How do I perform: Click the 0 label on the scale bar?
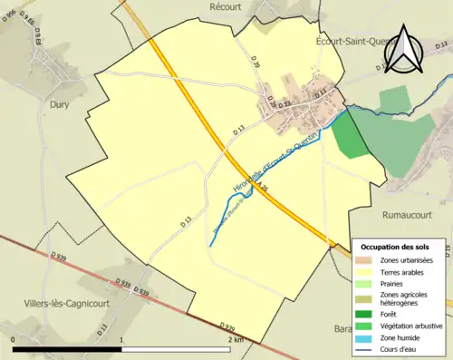point(14,340)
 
